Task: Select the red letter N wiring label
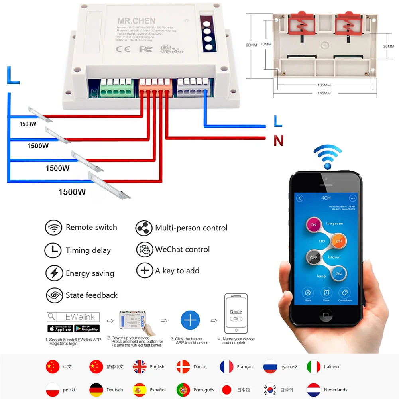[x=279, y=141]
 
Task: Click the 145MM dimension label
[x=325, y=93]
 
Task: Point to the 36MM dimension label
[x=389, y=46]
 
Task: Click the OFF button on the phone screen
[x=314, y=257]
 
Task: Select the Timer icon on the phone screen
[x=326, y=294]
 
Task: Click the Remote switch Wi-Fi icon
[x=53, y=228]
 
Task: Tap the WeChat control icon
[x=144, y=250]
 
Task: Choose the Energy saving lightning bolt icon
[x=53, y=273]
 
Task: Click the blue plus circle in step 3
[x=190, y=320]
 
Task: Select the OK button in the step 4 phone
[x=236, y=319]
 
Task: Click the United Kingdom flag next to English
[x=140, y=367]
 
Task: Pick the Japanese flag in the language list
[x=227, y=390]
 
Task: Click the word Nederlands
[x=335, y=390]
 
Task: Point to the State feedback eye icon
[x=53, y=295]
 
